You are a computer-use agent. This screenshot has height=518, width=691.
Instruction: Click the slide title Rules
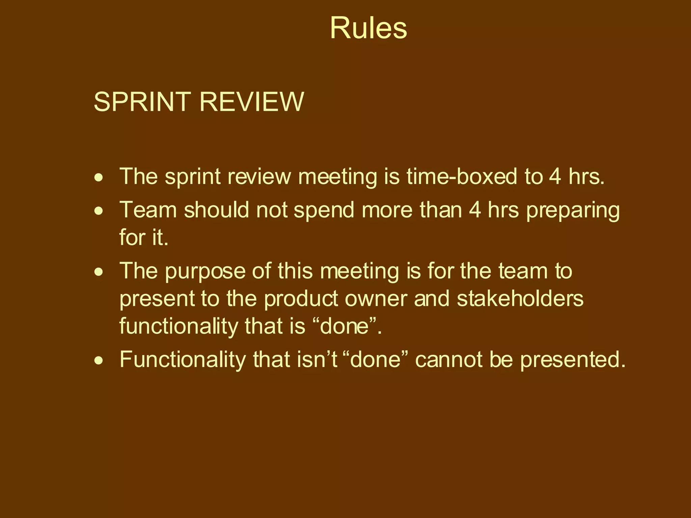pos(368,28)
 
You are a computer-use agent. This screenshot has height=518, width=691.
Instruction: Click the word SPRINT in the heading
pos(142,102)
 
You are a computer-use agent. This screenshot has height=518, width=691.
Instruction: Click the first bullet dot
pos(99,177)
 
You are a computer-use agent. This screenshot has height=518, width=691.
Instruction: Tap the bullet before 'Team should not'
pos(99,211)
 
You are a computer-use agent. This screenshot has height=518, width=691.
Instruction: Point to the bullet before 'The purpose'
pos(99,272)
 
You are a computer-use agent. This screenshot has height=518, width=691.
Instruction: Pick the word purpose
pos(205,272)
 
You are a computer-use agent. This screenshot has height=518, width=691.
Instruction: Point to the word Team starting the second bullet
pos(148,210)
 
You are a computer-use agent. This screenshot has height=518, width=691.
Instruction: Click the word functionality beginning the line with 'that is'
pos(178,326)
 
